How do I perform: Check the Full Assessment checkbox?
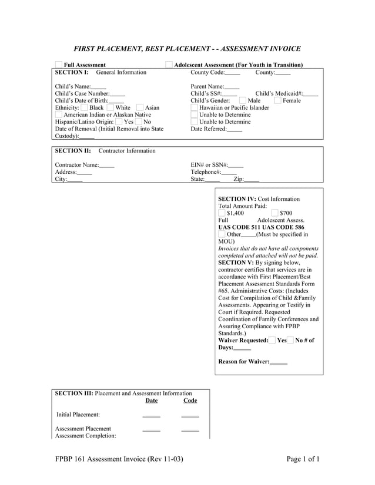[58, 65]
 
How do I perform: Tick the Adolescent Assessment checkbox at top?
[169, 65]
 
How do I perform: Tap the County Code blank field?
[233, 73]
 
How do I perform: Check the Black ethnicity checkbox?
[85, 108]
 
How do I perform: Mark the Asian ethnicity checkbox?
[140, 108]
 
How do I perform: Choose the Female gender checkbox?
[277, 101]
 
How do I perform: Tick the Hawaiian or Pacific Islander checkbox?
[195, 108]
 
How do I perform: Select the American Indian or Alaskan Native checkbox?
[58, 115]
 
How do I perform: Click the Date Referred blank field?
[235, 129]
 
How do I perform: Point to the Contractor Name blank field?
[107, 166]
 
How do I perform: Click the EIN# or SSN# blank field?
[236, 166]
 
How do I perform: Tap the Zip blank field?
[252, 180]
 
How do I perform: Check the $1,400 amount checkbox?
[222, 213]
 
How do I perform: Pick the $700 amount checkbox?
[275, 213]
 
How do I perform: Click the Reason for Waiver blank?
[279, 362]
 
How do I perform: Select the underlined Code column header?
[190, 400]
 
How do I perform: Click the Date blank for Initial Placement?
[151, 415]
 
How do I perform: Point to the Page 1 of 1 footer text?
[303, 459]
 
